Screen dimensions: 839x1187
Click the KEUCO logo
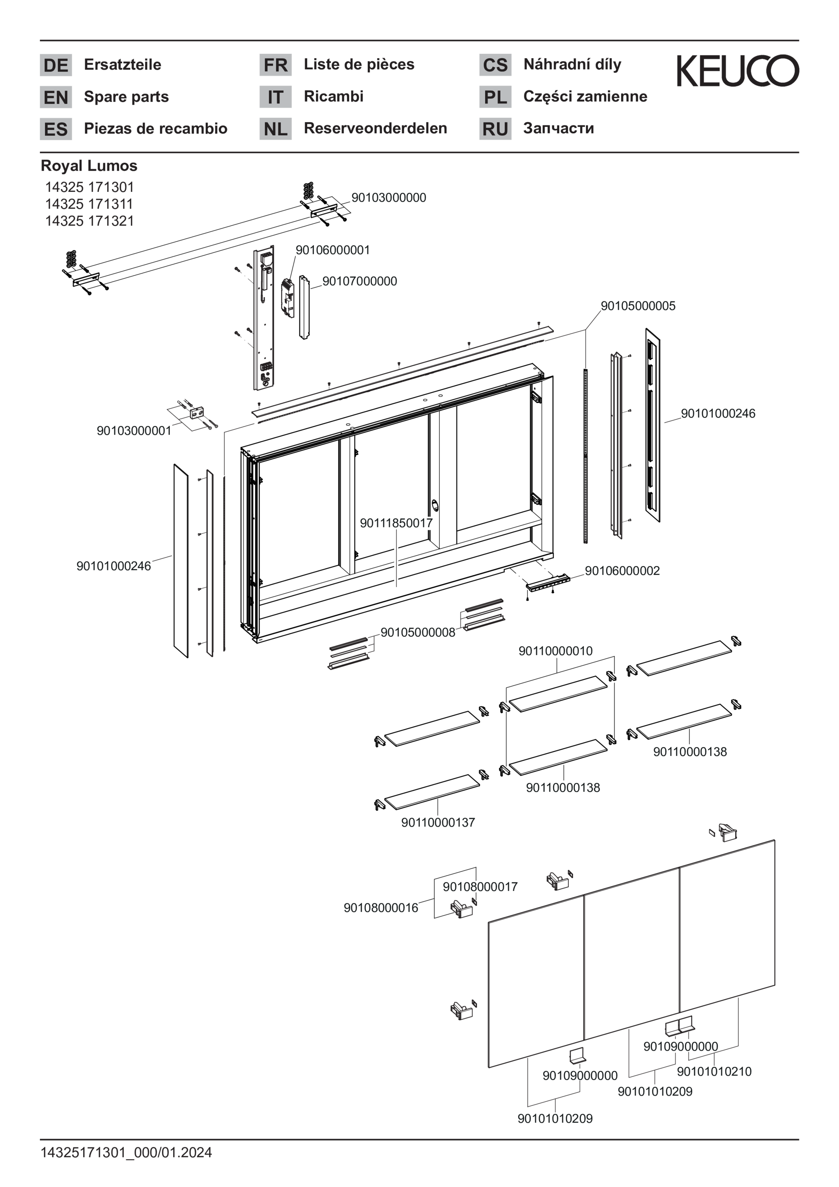[x=738, y=70]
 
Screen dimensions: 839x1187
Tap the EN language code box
[x=56, y=97]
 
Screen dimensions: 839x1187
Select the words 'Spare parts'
[x=127, y=97]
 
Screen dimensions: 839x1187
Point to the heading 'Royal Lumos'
[x=89, y=166]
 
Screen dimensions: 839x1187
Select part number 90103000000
[x=389, y=197]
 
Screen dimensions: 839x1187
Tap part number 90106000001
[x=333, y=250]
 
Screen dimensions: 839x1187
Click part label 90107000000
[x=360, y=281]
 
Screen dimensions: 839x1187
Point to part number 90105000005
[x=638, y=306]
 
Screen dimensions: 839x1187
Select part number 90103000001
[x=134, y=431]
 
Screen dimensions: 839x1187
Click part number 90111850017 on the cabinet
[x=396, y=523]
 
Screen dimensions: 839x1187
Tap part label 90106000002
[x=622, y=571]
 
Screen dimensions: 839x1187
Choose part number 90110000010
[x=556, y=651]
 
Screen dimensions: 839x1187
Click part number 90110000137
[x=438, y=822]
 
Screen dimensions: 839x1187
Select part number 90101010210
[x=714, y=1071]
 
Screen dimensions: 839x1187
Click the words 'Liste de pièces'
[x=359, y=64]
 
